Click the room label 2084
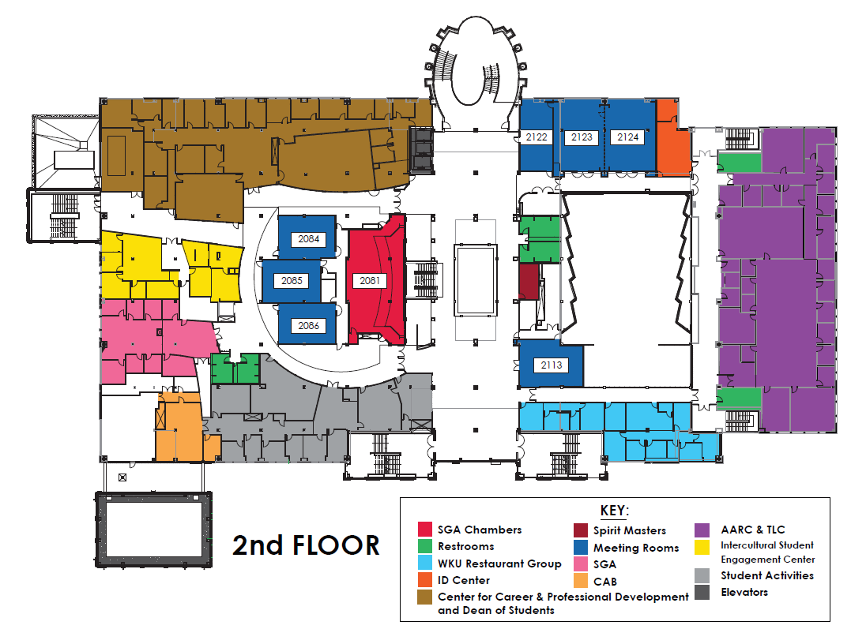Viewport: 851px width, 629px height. point(308,239)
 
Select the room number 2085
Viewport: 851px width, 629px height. point(292,280)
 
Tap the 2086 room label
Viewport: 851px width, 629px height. point(308,325)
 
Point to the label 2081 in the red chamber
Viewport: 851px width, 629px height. point(370,280)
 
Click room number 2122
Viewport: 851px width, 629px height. point(537,137)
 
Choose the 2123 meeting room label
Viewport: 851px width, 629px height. point(582,137)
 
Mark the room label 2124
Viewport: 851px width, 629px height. point(627,137)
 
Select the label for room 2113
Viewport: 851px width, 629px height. point(551,365)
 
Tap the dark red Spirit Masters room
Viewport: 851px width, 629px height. point(529,282)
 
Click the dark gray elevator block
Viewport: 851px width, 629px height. point(421,149)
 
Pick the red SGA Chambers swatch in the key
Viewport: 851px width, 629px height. point(425,530)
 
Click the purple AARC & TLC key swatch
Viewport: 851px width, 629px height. point(702,530)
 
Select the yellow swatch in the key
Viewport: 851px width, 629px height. point(702,547)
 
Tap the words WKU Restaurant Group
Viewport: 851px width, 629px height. point(499,563)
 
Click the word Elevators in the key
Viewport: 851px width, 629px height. point(744,592)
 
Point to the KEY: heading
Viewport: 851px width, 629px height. point(615,511)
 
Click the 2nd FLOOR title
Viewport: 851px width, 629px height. point(306,545)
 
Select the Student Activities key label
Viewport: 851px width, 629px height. point(767,575)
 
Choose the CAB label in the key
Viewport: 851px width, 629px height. point(604,582)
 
